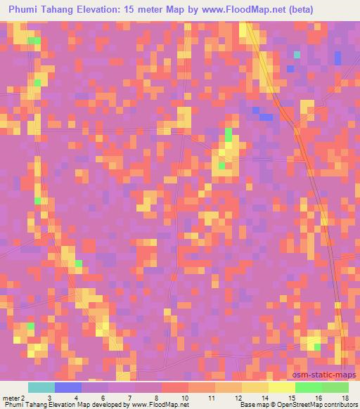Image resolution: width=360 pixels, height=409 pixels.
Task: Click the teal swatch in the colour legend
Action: coord(41,387)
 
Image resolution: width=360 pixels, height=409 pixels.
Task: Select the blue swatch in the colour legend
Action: coord(67,387)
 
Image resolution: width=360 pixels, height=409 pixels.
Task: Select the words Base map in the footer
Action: coord(252,405)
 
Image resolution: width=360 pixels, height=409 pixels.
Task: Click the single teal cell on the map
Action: coord(297,53)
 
